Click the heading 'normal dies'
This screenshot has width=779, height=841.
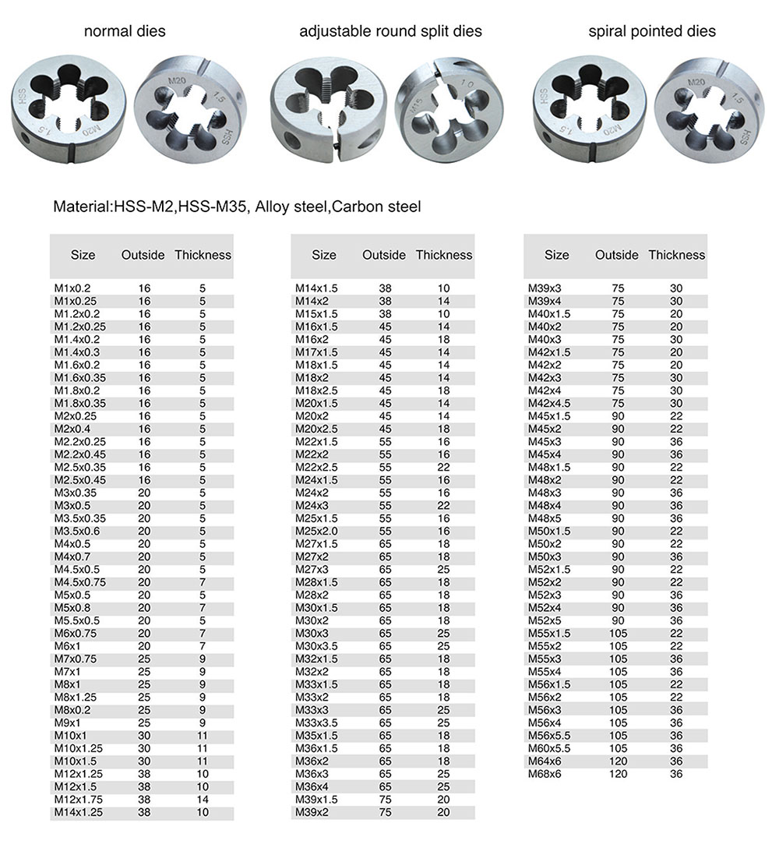(125, 32)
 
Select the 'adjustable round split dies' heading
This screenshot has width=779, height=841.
(390, 32)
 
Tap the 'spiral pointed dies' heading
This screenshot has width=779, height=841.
(652, 32)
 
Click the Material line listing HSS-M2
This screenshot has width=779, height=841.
(237, 207)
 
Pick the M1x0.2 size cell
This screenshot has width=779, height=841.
(72, 288)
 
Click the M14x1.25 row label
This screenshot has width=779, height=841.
(79, 812)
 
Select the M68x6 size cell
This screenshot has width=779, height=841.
(545, 774)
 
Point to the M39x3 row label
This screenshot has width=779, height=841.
(545, 288)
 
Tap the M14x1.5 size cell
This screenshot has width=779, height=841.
(316, 288)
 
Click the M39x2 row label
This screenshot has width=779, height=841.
(312, 812)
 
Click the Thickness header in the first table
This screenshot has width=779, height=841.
(203, 255)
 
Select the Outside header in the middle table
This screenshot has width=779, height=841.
(384, 255)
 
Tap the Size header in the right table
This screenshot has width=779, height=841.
(557, 255)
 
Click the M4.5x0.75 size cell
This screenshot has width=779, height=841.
(79, 582)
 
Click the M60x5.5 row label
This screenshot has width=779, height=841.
(550, 748)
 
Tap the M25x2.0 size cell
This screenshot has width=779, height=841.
(316, 531)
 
